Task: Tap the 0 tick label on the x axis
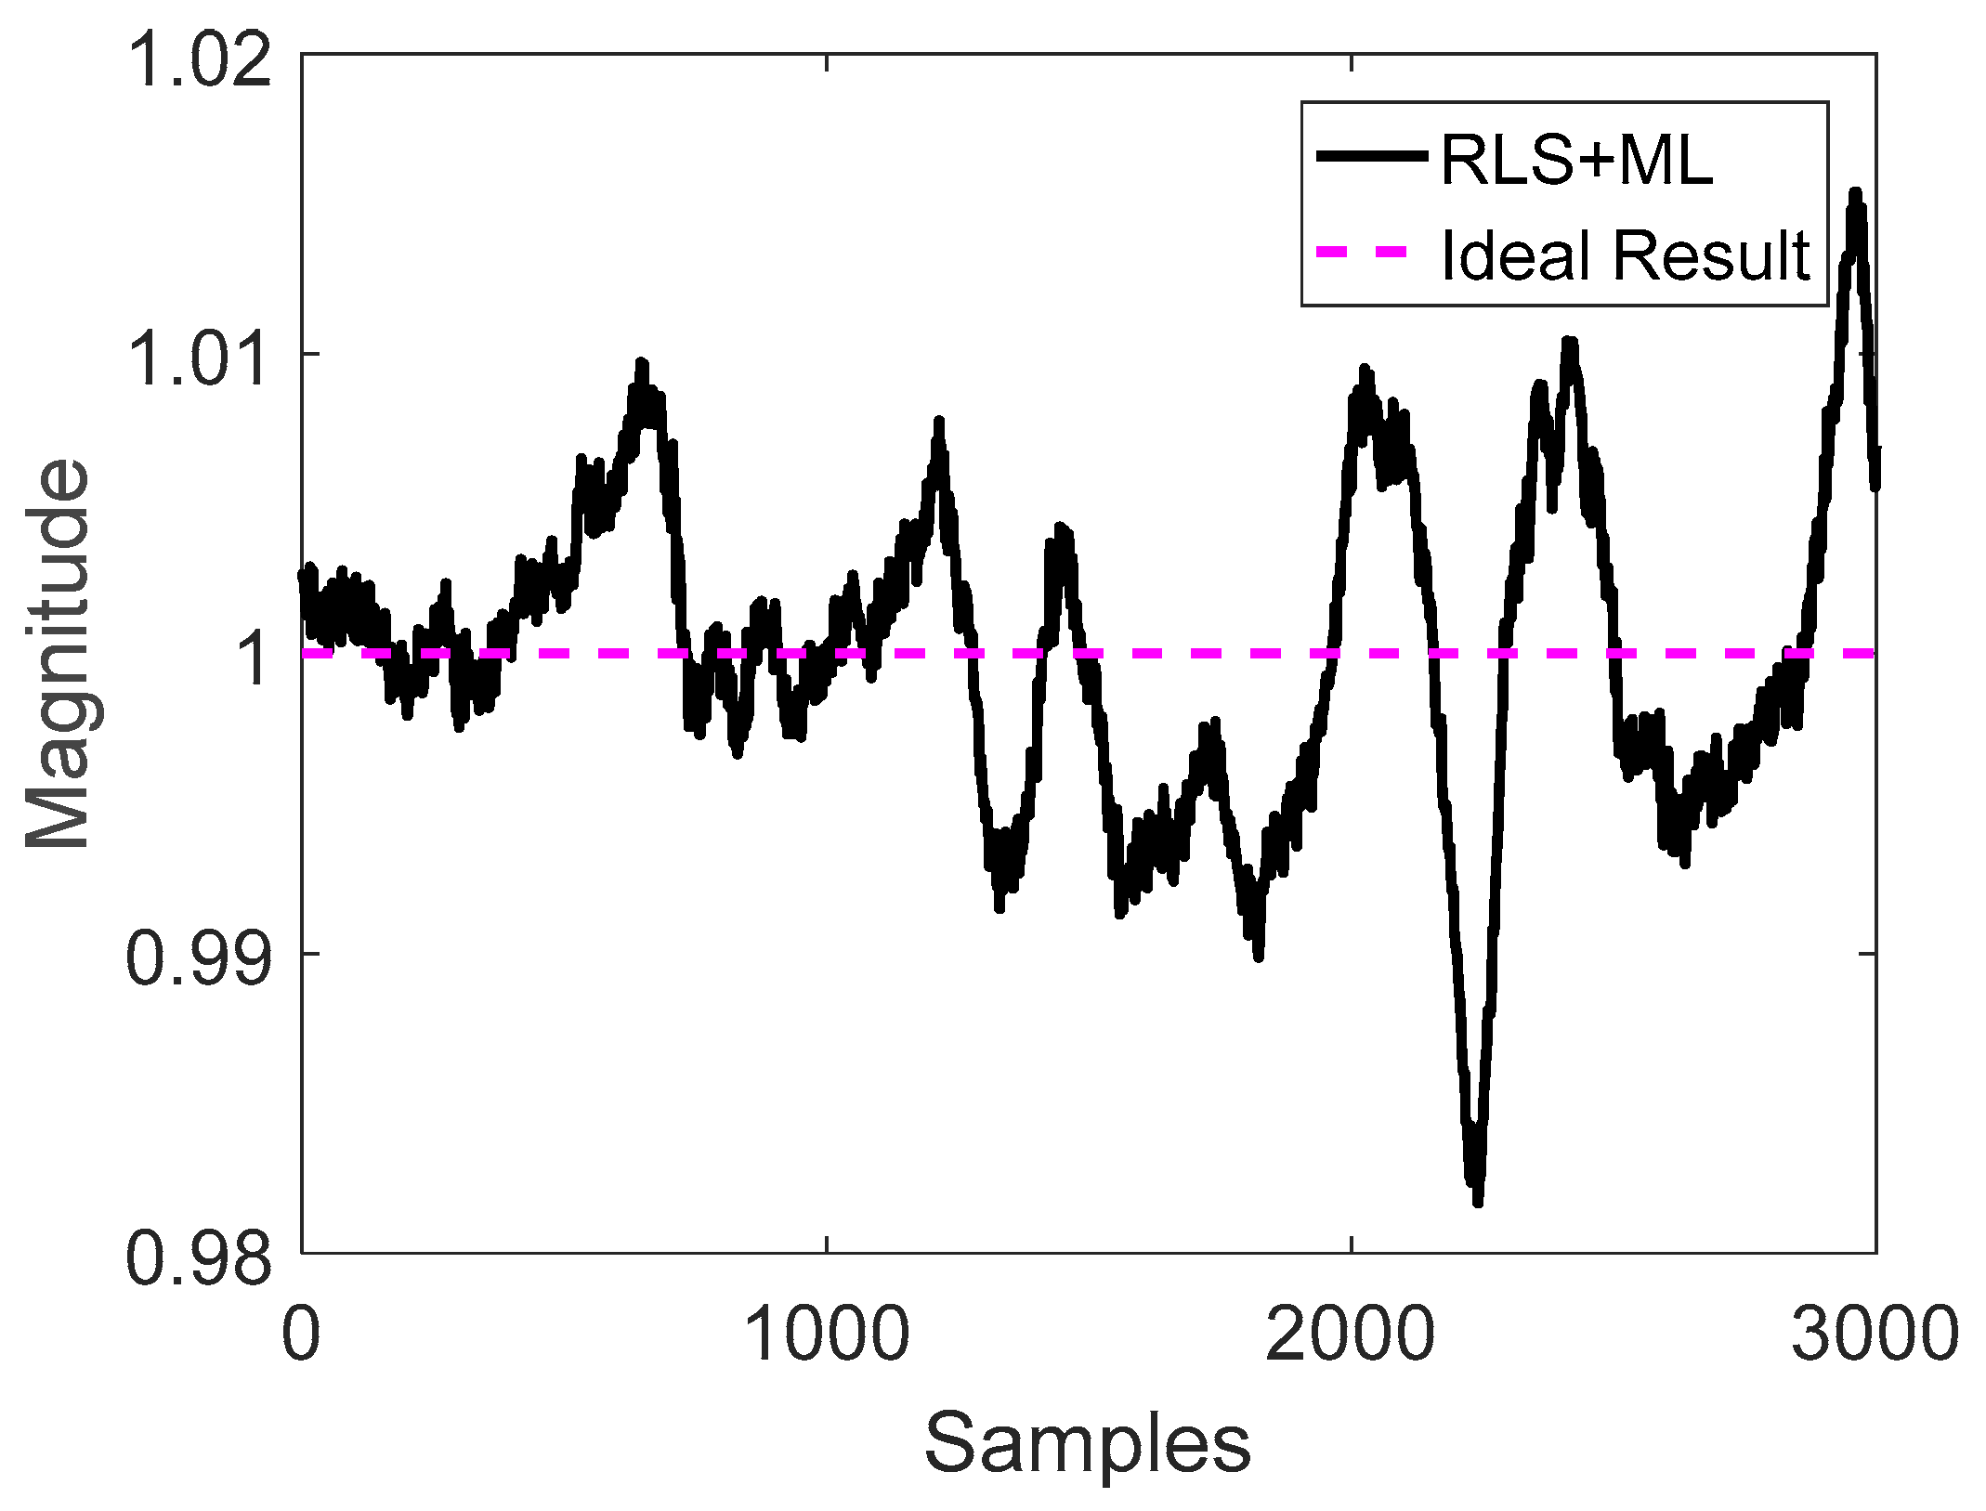coord(301,1335)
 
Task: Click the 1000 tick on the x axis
coord(827,1335)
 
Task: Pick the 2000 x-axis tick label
coord(1351,1335)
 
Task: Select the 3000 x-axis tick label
coord(1875,1335)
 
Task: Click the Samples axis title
coord(1087,1443)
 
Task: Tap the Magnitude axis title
coord(58,654)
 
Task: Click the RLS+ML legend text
coord(1576,160)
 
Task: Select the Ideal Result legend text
coord(1625,254)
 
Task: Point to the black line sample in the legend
coord(1371,156)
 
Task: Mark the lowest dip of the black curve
coord(1477,1201)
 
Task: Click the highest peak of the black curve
coord(1855,192)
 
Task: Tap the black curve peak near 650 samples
coord(641,364)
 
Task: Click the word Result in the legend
coord(1711,254)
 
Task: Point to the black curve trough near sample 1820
coord(1258,955)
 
